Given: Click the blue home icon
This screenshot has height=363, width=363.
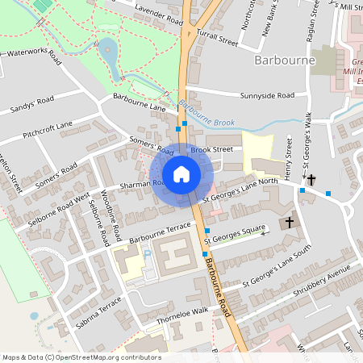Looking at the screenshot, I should click(x=181, y=174).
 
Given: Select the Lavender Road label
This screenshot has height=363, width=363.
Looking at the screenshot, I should click(x=159, y=15).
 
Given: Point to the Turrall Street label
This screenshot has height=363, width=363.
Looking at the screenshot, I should click(x=218, y=38).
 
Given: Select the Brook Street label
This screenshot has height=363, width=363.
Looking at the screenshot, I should click(x=212, y=149).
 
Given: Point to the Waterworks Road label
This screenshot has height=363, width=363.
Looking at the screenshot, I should click(x=33, y=56).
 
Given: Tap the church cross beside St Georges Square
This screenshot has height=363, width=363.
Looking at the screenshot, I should click(x=290, y=222).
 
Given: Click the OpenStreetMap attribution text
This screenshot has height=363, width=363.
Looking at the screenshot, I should click(x=81, y=357).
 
